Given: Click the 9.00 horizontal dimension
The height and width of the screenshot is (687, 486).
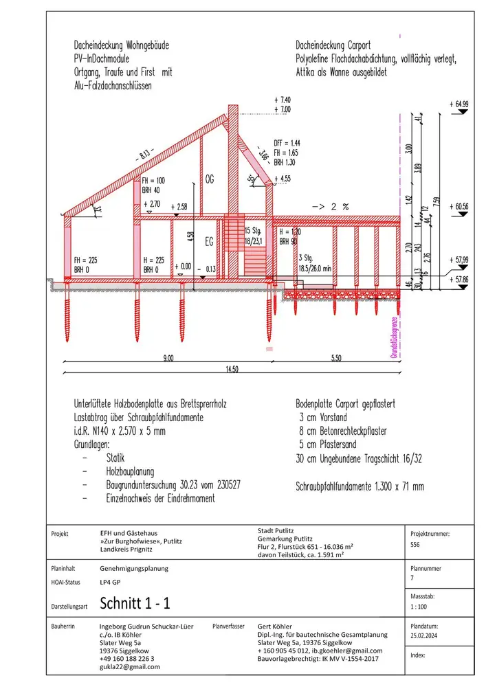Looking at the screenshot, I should (168, 357).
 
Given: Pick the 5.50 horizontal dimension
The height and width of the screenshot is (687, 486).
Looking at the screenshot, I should (336, 357).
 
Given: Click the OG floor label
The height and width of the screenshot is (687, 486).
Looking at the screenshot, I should (210, 179).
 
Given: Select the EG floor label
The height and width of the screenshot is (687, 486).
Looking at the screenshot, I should (210, 241).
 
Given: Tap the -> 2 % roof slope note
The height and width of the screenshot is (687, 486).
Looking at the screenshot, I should (331, 205).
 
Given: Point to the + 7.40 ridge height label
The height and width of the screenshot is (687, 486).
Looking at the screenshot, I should (283, 100).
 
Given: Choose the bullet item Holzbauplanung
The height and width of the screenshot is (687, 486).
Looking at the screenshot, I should (131, 472).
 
